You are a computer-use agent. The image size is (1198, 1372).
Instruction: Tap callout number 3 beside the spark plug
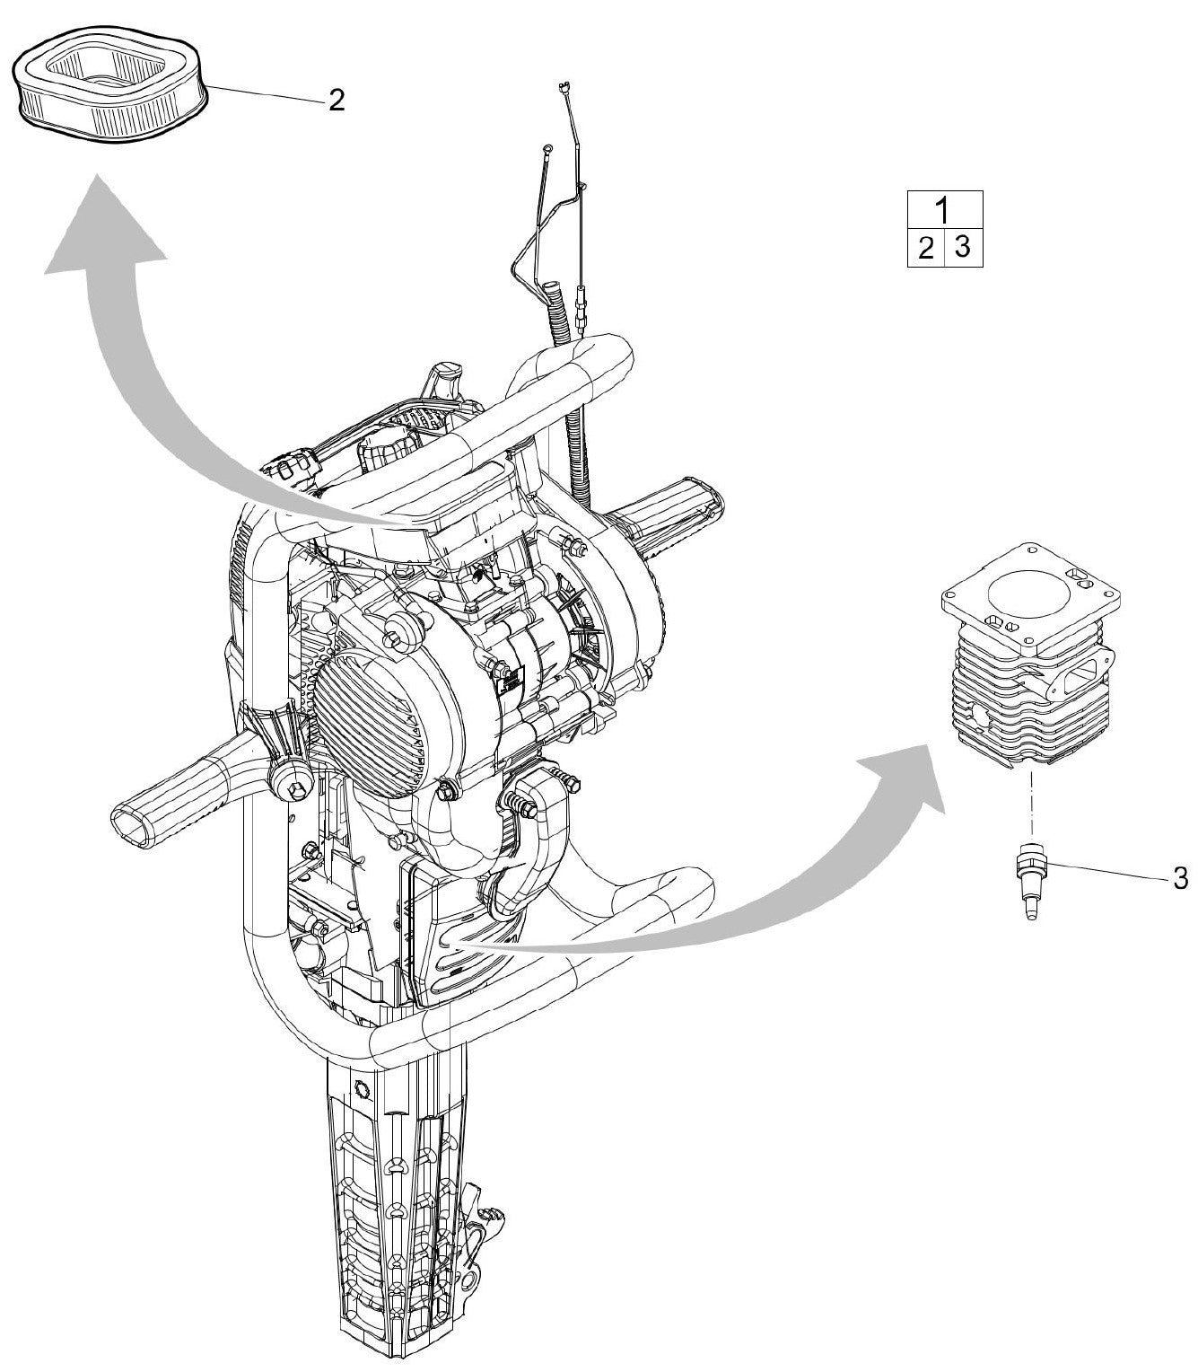point(1180,877)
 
